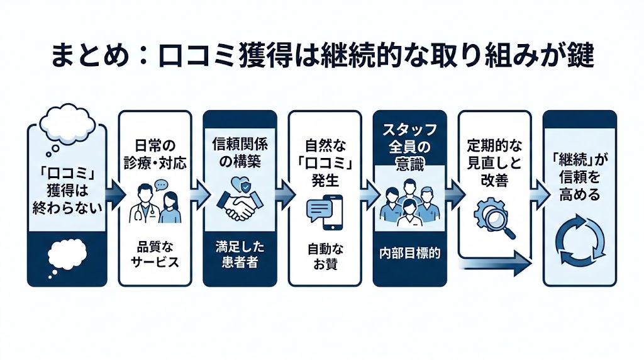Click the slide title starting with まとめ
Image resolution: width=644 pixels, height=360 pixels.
click(x=322, y=58)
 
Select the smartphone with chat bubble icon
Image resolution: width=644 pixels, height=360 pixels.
click(x=325, y=210)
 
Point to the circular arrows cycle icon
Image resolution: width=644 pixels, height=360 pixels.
click(x=579, y=242)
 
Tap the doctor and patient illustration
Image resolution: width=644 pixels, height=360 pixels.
click(x=155, y=202)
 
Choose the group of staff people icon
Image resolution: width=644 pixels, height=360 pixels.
click(x=409, y=202)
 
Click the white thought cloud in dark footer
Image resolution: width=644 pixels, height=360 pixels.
click(x=66, y=254)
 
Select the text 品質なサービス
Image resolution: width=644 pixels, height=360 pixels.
click(x=155, y=254)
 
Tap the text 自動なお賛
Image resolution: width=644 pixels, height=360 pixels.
click(x=325, y=256)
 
